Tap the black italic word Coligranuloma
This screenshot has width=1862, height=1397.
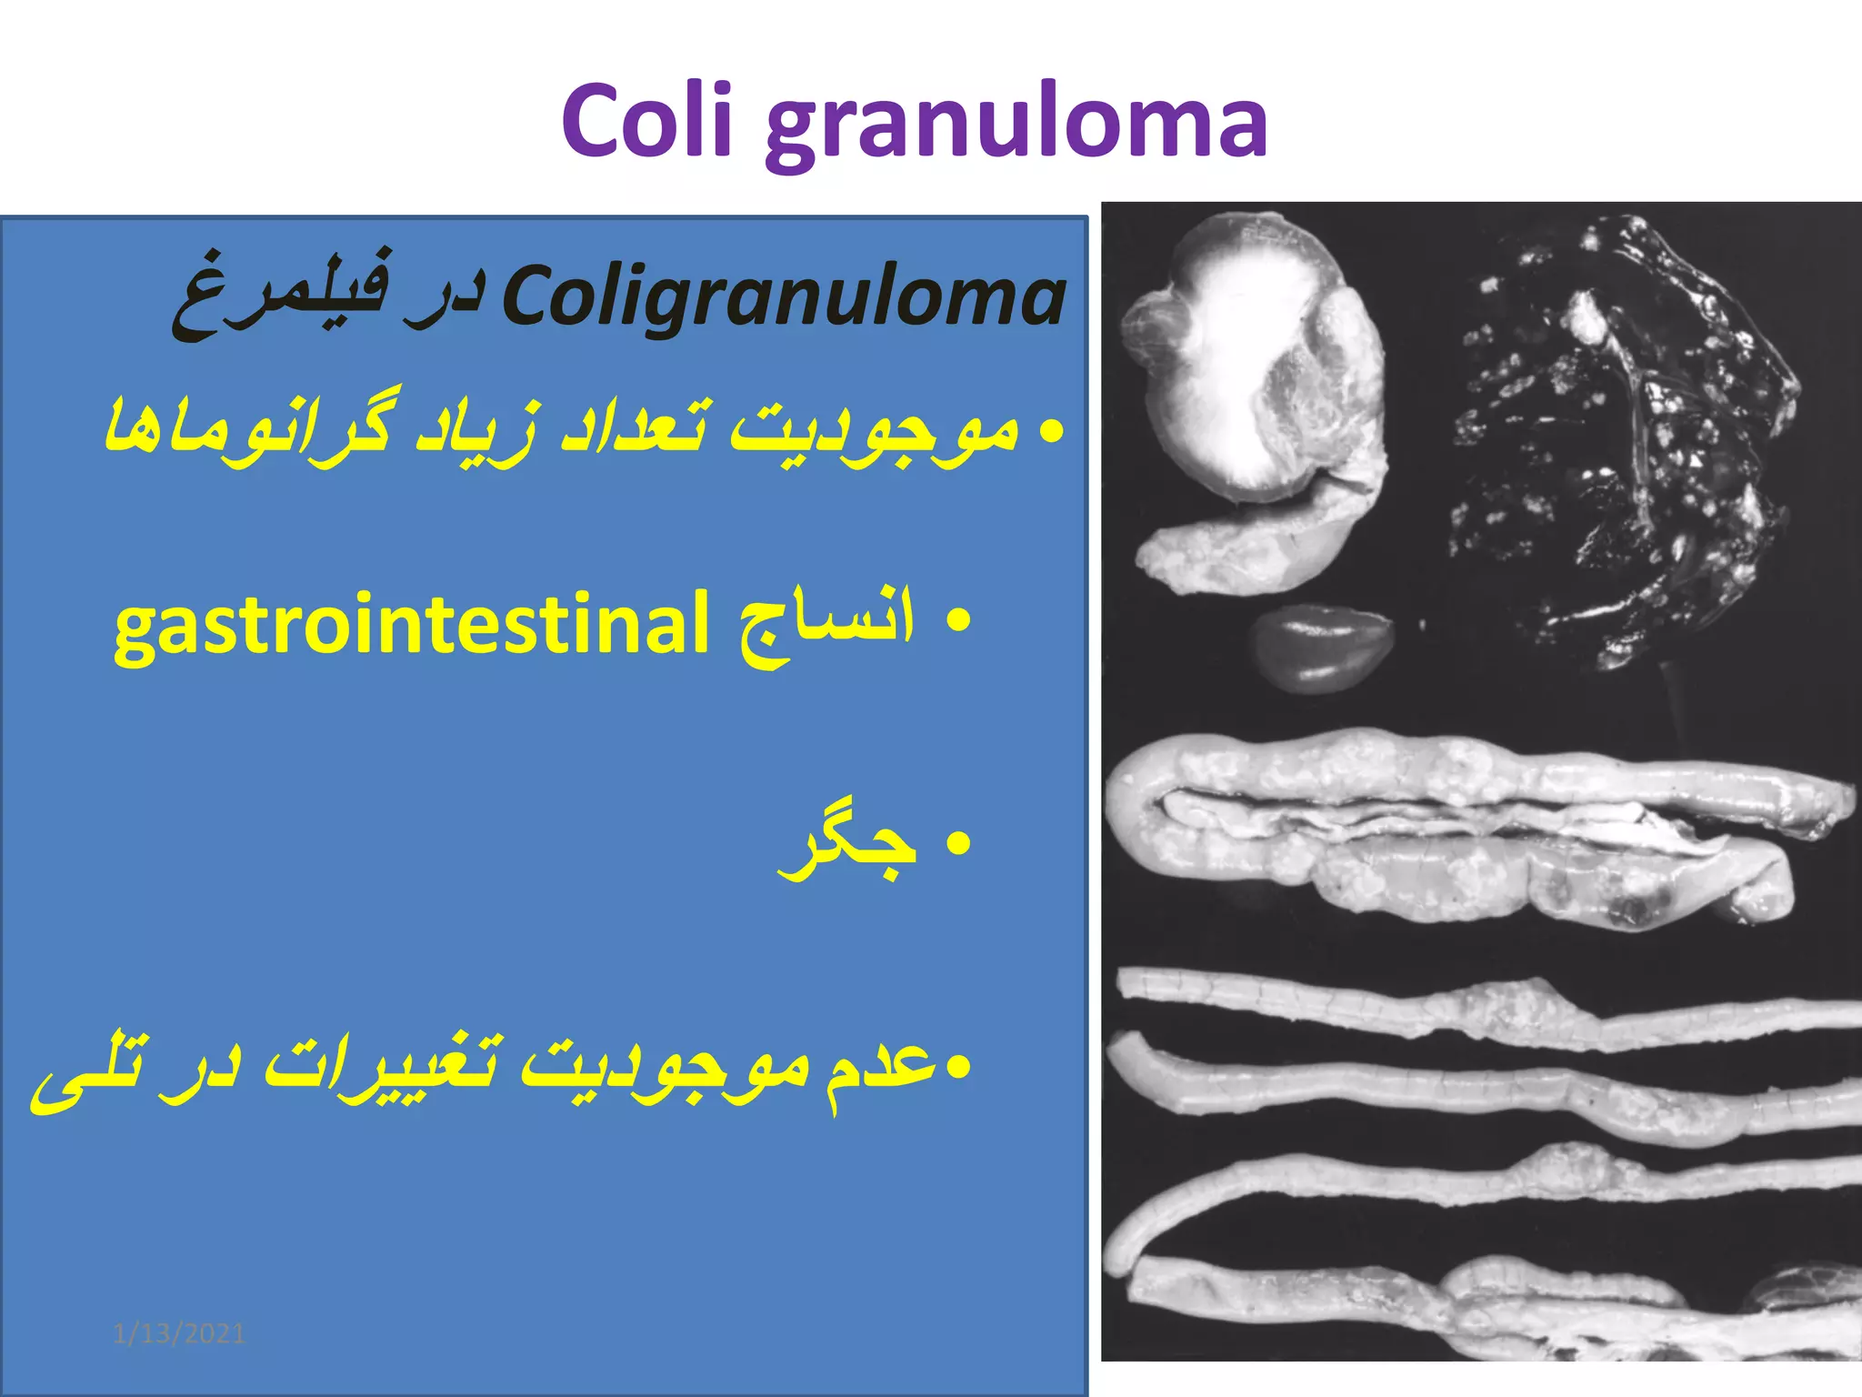[784, 296]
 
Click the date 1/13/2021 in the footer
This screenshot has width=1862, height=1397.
[179, 1334]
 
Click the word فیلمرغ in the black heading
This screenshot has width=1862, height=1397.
[282, 291]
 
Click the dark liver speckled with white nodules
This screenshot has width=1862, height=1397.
[1618, 437]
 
